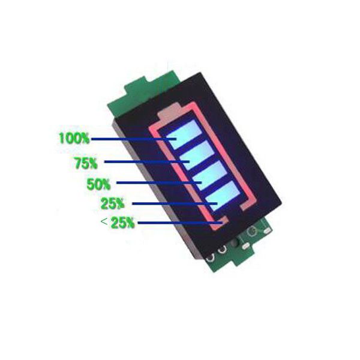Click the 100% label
click(x=74, y=138)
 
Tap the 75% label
click(x=86, y=163)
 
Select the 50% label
click(x=98, y=184)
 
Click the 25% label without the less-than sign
click(x=113, y=203)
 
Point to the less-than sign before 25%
click(x=104, y=221)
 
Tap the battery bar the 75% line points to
click(x=198, y=155)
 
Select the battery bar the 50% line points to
click(x=211, y=175)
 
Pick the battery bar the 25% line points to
click(x=223, y=196)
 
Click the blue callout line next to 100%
click(x=134, y=139)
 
